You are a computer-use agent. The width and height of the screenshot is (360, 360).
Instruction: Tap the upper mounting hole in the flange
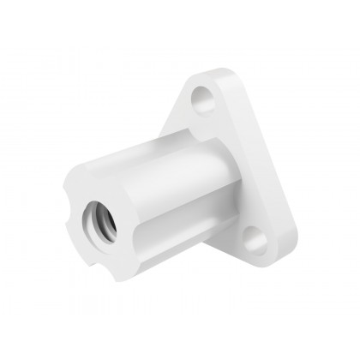pyautogui.click(x=205, y=97)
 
